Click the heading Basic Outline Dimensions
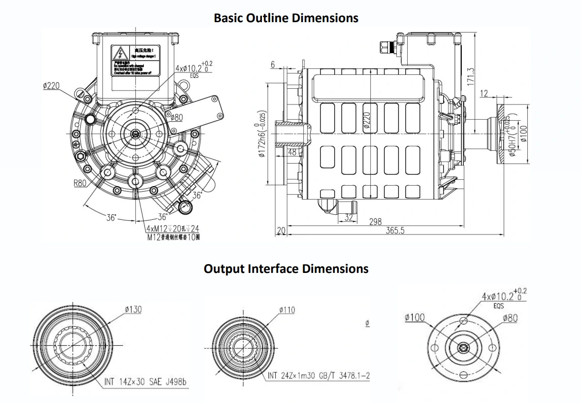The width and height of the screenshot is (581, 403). point(286,18)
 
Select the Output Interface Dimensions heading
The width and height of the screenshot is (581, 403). point(286,269)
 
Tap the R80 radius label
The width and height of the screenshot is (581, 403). point(80,184)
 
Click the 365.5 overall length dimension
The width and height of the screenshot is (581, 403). point(395,231)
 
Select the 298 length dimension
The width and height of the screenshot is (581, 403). point(375,222)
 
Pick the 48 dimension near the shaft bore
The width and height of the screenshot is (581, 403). point(292,152)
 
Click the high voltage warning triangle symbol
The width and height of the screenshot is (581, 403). point(118,53)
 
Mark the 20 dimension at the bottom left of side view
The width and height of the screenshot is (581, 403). point(281,231)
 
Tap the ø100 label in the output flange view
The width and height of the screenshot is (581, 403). point(415,318)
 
